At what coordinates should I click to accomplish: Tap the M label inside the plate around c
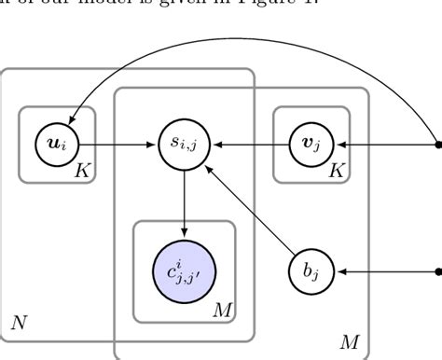point(221,308)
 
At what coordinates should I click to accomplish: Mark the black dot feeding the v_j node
point(438,145)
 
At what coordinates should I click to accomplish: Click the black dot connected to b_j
point(438,272)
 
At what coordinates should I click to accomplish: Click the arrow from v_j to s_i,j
point(248,145)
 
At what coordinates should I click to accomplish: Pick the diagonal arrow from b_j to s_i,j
point(250,211)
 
